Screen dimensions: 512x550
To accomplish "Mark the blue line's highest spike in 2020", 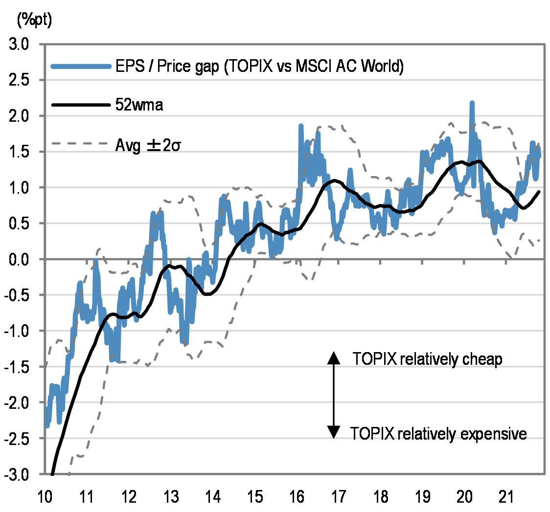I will click(472, 103).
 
